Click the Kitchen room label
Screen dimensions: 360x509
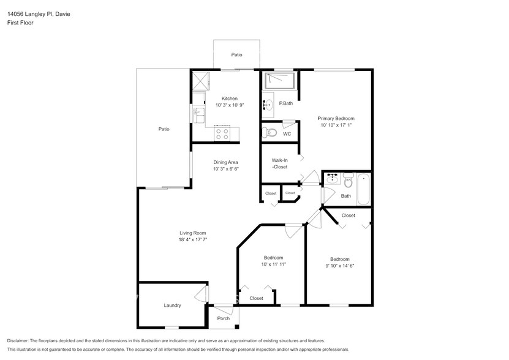[x=230, y=99]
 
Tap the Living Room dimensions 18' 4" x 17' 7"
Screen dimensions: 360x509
[x=192, y=240]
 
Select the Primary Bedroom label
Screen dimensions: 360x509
[x=336, y=118]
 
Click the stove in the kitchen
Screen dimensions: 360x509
[x=222, y=133]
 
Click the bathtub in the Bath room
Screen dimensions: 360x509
[x=363, y=189]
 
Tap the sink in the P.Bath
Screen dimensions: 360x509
[x=268, y=104]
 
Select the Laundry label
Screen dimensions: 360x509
[x=172, y=305]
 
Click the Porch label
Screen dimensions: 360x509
[x=224, y=318]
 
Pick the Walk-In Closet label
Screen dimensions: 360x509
[x=279, y=163]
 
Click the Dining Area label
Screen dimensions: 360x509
[x=225, y=162]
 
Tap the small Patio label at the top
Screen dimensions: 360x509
[x=236, y=55]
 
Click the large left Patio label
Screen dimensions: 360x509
[x=164, y=129]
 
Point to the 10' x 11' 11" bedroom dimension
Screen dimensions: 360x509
[x=273, y=264]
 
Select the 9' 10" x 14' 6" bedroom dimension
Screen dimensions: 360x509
[x=339, y=266]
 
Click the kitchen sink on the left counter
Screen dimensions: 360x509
[x=198, y=112]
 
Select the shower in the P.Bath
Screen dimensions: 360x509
[x=279, y=80]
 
